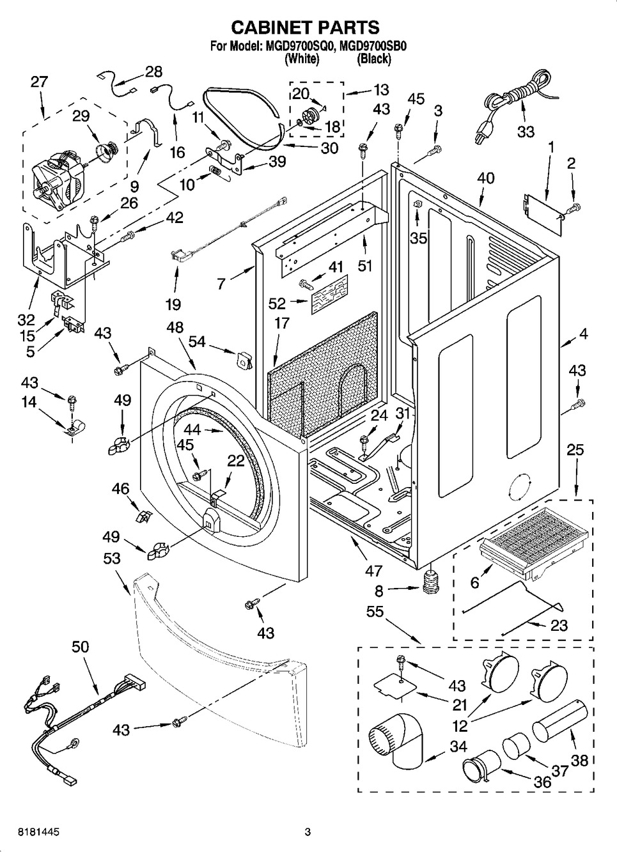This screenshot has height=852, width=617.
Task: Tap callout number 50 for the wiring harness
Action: click(x=80, y=647)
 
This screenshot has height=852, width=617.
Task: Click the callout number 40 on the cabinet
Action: click(x=486, y=178)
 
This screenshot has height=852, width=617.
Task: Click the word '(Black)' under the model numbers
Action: click(x=374, y=59)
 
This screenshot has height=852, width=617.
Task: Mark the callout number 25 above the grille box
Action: click(x=575, y=450)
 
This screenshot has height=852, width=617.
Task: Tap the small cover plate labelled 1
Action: click(x=542, y=207)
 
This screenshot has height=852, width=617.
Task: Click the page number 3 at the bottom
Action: click(x=308, y=832)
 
